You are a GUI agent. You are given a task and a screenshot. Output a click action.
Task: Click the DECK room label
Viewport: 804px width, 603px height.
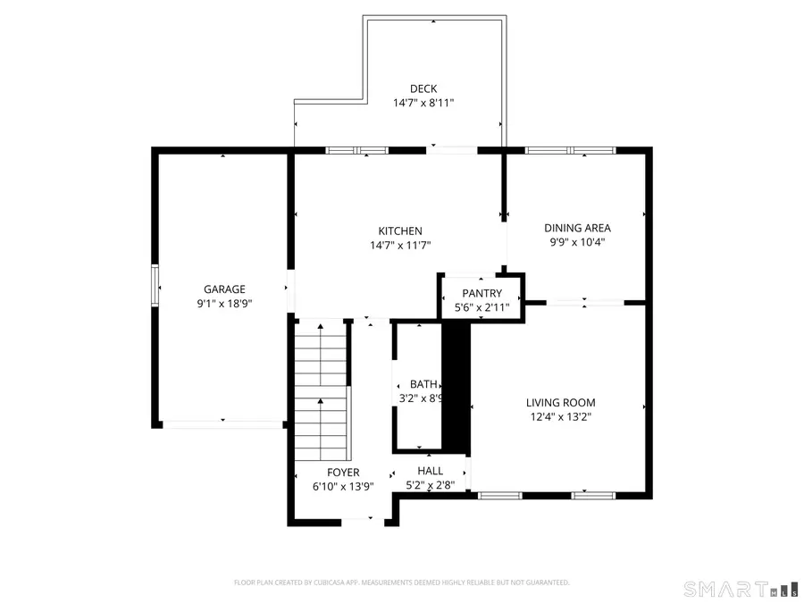[x=423, y=88]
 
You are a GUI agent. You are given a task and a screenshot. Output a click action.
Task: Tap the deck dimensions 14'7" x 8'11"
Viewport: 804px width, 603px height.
[x=423, y=103]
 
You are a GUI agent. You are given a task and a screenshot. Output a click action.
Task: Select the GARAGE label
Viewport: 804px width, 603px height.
[x=224, y=289]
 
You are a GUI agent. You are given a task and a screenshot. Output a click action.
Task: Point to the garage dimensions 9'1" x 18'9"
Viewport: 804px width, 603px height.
[x=224, y=303]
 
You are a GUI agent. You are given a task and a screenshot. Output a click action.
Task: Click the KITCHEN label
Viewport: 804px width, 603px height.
[x=400, y=230]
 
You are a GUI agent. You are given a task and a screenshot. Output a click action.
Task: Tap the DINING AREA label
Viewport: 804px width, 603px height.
[x=577, y=228]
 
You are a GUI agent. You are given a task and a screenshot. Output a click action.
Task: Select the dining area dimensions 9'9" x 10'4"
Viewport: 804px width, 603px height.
[x=577, y=242]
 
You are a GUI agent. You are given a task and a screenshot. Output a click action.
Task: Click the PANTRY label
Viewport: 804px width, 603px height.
[x=482, y=293]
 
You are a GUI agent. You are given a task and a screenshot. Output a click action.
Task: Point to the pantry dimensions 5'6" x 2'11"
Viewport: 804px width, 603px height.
[x=482, y=307]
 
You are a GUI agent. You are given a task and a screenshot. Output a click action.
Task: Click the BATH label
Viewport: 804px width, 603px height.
[x=423, y=384]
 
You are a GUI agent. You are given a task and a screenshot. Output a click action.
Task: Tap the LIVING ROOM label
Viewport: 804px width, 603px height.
[x=560, y=402]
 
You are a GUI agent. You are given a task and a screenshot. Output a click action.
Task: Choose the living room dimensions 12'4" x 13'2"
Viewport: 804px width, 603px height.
[x=560, y=416]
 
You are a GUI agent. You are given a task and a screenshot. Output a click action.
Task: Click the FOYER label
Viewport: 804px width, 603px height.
[x=343, y=473]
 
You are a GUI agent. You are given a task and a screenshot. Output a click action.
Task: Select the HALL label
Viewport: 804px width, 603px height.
[x=430, y=471]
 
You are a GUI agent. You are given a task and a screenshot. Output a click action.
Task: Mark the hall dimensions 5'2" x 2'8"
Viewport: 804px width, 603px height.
[x=430, y=485]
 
